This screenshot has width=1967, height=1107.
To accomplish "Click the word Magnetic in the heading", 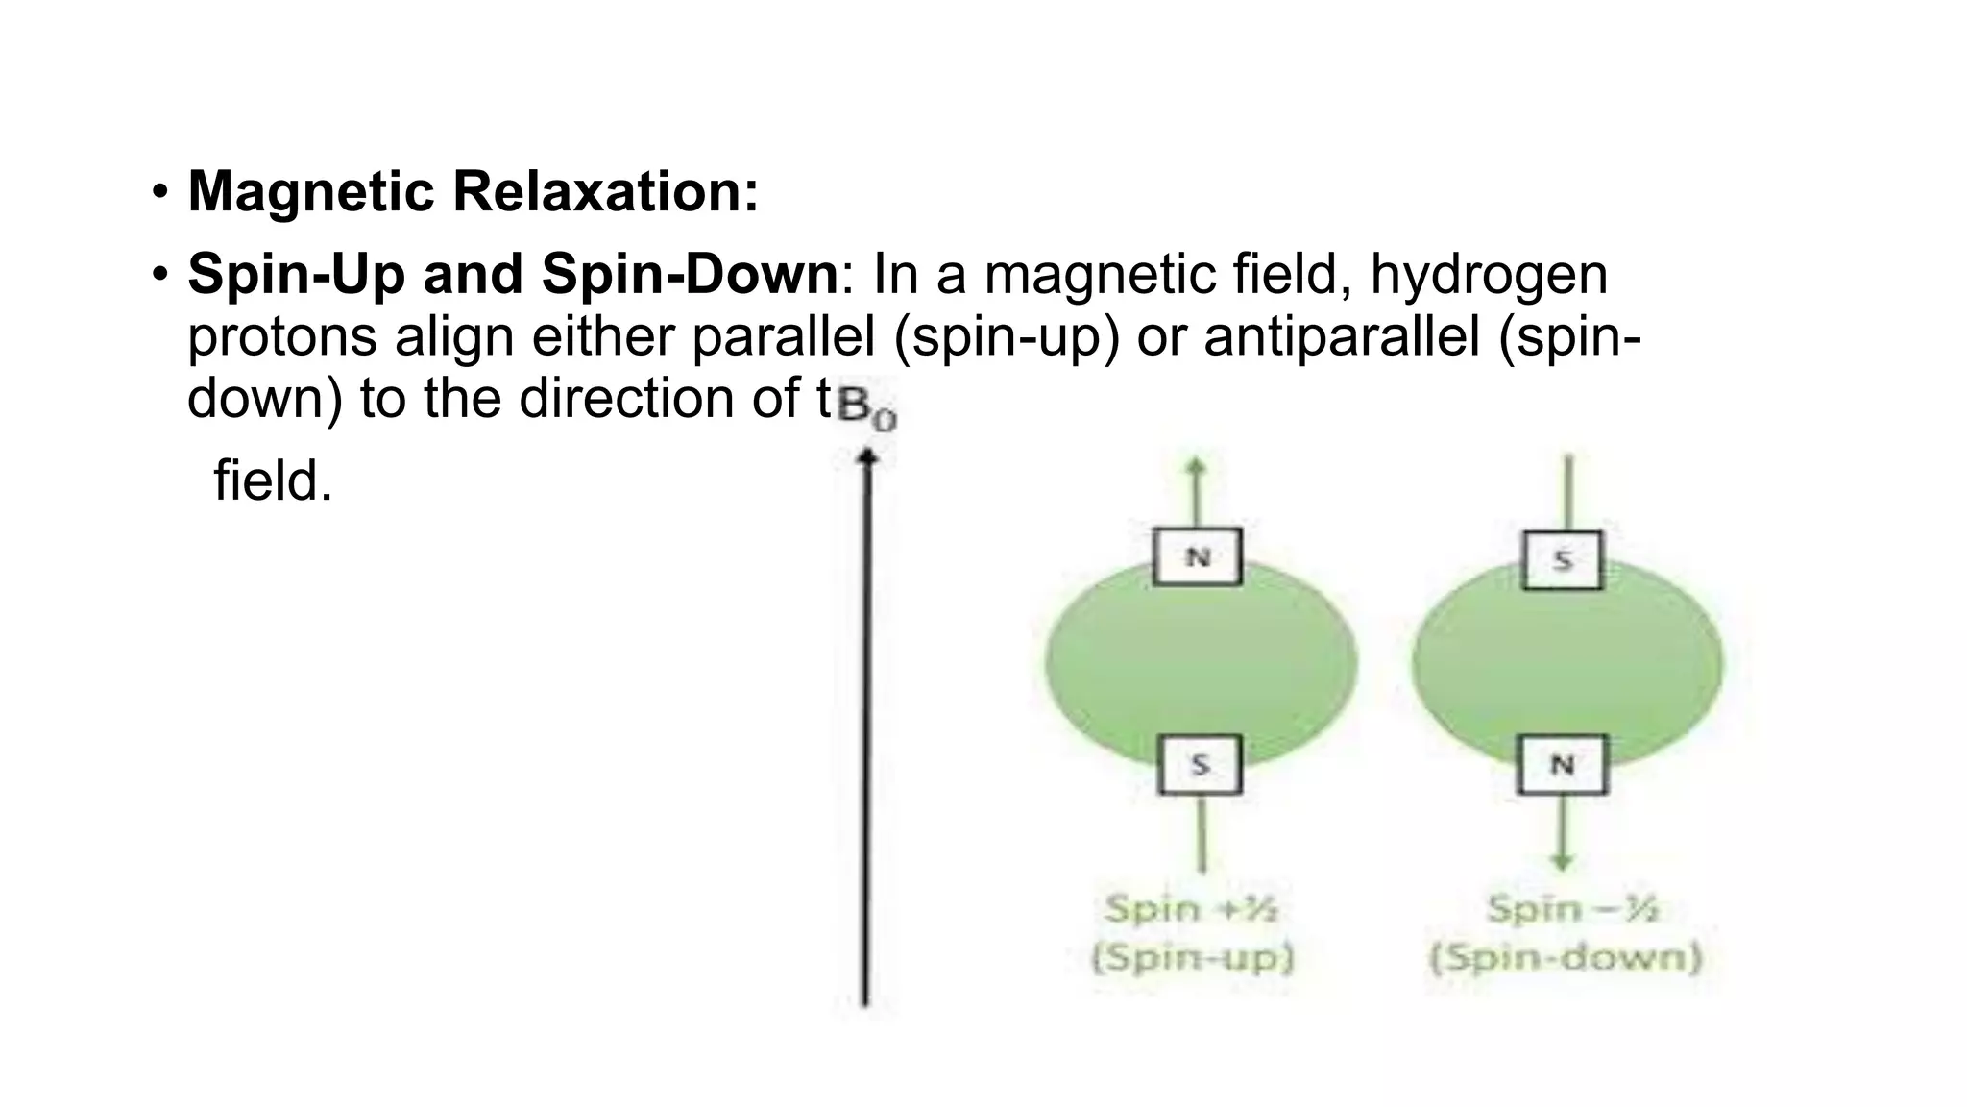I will coord(311,191).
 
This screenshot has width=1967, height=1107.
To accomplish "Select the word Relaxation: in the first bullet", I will coord(605,191).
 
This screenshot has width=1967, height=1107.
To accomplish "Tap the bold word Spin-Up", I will coord(296,275).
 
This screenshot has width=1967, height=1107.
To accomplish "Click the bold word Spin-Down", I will coord(690,275).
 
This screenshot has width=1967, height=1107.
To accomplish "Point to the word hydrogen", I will coord(1488,275).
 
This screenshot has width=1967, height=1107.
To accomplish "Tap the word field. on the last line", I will coord(273,480).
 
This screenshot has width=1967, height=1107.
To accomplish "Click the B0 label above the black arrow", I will coord(866,407).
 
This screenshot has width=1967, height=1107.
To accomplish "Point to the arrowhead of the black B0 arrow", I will coord(867,457).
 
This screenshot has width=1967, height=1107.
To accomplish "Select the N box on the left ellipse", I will coord(1197,556).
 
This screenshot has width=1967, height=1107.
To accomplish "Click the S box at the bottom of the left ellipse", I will coord(1200,765).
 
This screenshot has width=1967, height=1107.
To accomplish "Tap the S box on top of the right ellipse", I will coord(1563,559).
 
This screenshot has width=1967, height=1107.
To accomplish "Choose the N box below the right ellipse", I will coord(1562,765).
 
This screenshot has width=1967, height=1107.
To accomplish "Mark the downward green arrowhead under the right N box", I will coord(1563,862).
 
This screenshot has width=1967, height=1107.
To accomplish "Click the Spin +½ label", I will coord(1191,908).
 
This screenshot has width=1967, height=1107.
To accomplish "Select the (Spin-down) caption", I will coord(1566,959).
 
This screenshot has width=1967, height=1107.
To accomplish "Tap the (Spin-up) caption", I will coord(1192,959).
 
